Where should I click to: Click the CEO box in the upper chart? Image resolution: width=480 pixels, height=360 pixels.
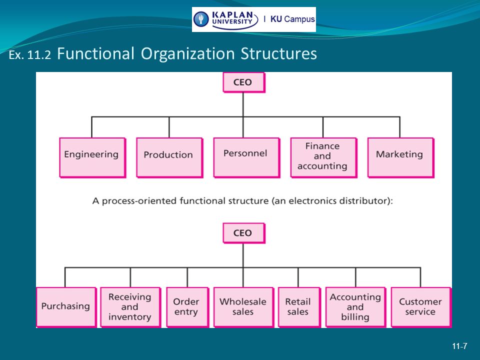pyautogui.click(x=244, y=82)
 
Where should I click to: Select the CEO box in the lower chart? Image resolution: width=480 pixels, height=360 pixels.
pyautogui.click(x=244, y=233)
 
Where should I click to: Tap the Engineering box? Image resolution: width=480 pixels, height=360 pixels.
pyautogui.click(x=92, y=157)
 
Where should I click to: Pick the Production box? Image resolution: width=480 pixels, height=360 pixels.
pyautogui.click(x=169, y=157)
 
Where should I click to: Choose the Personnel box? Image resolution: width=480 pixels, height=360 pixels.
pyautogui.click(x=246, y=157)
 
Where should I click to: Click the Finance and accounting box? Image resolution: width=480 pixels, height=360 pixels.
pyautogui.click(x=324, y=157)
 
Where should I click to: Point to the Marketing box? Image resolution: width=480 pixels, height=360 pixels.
pyautogui.click(x=400, y=157)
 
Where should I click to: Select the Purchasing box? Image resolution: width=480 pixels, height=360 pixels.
pyautogui.click(x=66, y=307)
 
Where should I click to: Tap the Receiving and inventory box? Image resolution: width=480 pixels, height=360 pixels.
pyautogui.click(x=130, y=307)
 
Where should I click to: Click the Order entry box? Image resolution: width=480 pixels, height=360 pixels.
pyautogui.click(x=187, y=307)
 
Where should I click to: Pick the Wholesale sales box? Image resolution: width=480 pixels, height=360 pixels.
pyautogui.click(x=243, y=307)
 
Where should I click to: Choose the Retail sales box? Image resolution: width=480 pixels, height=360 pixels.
pyautogui.click(x=299, y=307)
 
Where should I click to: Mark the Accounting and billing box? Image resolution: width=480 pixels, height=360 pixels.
pyautogui.click(x=355, y=307)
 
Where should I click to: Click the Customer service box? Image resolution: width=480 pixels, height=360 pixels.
pyautogui.click(x=421, y=307)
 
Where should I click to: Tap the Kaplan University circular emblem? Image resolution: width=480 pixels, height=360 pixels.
pyautogui.click(x=201, y=19)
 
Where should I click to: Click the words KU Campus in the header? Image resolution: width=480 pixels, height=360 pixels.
pyautogui.click(x=292, y=19)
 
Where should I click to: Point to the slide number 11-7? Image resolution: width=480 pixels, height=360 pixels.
pyautogui.click(x=459, y=346)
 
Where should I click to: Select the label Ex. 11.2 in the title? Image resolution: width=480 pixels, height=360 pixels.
pyautogui.click(x=29, y=55)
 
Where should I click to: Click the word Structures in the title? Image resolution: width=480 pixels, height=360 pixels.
pyautogui.click(x=278, y=53)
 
